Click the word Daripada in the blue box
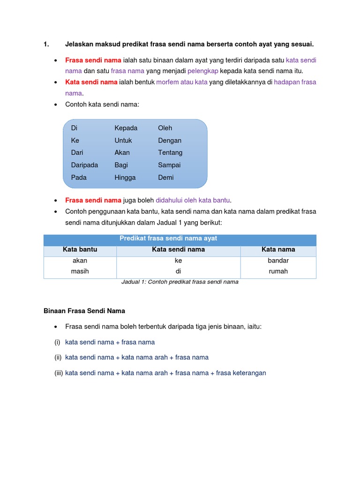(84, 165)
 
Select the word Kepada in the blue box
(126, 128)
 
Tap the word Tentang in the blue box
(170, 153)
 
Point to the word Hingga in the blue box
(125, 178)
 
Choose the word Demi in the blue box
(165, 178)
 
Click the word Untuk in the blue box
(123, 141)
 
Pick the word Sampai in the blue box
(169, 165)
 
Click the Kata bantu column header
(80, 250)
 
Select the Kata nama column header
(278, 250)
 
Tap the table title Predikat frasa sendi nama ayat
(168, 239)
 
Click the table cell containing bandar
(278, 261)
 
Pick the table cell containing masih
(80, 271)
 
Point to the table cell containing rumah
(278, 271)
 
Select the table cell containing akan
(80, 261)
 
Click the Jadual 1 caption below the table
(180, 282)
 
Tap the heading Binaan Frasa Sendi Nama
(84, 311)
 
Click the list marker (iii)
(59, 373)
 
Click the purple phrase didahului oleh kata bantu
(194, 201)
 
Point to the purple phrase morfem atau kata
(181, 82)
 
